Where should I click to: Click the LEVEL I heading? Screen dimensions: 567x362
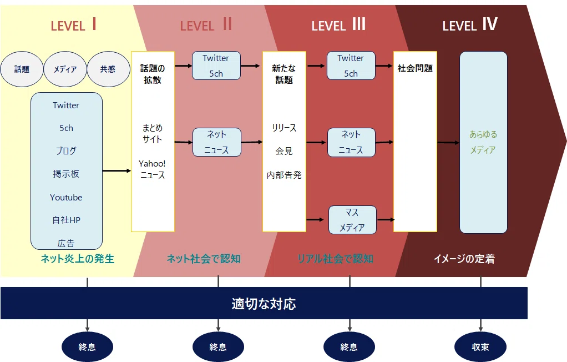(x=73, y=24)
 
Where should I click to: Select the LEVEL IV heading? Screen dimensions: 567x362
(x=470, y=24)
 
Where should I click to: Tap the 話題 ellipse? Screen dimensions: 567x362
(x=22, y=69)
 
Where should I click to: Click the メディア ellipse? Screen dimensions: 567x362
(x=65, y=69)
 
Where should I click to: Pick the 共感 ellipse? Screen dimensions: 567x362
(x=108, y=69)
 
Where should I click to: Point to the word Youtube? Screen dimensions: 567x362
(x=66, y=197)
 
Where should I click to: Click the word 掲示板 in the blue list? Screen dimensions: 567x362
(x=66, y=174)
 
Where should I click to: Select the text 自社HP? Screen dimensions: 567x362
(x=66, y=220)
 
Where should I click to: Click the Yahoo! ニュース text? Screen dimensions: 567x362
(x=152, y=169)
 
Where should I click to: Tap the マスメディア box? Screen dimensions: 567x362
(x=352, y=220)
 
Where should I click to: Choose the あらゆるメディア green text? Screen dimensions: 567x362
(x=483, y=142)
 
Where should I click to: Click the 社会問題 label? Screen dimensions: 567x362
(x=415, y=68)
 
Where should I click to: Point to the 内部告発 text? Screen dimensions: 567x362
(x=284, y=175)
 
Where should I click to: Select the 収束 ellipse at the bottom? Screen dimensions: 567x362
(x=480, y=347)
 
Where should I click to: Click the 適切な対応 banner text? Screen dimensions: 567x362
(x=264, y=304)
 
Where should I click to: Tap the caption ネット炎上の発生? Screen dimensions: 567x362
(x=77, y=259)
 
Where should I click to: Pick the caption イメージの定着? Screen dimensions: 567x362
(x=464, y=259)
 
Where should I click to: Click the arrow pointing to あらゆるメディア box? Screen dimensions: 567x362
(x=448, y=143)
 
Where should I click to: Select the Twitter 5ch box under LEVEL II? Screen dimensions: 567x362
(x=216, y=66)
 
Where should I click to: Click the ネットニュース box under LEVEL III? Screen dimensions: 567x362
(x=351, y=142)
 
